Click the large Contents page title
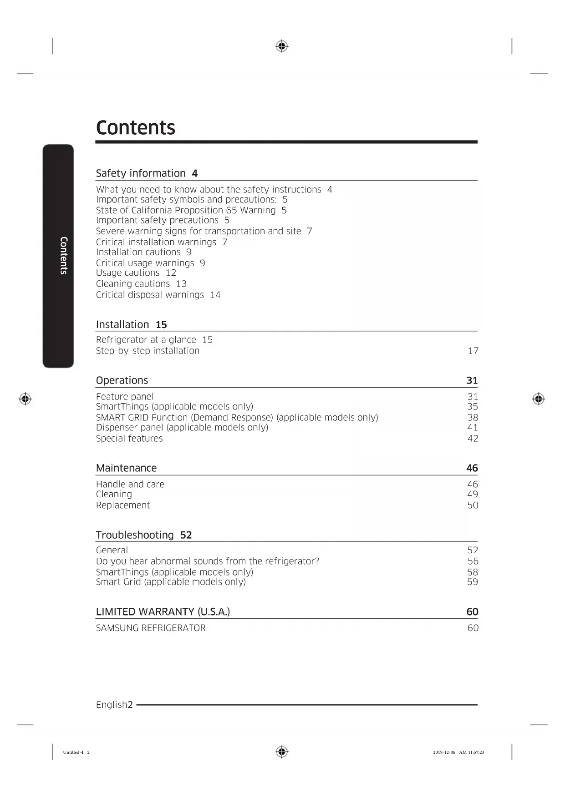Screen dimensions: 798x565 [135, 128]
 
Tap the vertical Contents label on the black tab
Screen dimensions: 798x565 [64, 255]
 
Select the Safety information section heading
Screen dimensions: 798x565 [141, 173]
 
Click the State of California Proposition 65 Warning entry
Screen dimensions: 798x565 [186, 210]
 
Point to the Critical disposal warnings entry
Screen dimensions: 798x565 [150, 295]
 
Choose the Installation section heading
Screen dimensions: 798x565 [122, 324]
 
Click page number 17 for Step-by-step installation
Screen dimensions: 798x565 [473, 351]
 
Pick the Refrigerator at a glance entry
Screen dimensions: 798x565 [146, 340]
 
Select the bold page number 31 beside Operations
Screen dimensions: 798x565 [472, 380]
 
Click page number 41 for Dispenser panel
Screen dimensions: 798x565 [473, 427]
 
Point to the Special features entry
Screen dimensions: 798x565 [129, 439]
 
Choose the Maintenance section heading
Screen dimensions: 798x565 [126, 468]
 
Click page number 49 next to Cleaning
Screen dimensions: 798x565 [473, 494]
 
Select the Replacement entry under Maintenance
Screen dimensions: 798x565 [123, 505]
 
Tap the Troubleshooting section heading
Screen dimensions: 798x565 [135, 535]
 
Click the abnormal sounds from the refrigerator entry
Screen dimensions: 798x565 [208, 561]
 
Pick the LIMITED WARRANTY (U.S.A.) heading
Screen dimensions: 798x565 [163, 612]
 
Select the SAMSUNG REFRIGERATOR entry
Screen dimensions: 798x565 [151, 628]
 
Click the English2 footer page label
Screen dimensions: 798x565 [114, 705]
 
